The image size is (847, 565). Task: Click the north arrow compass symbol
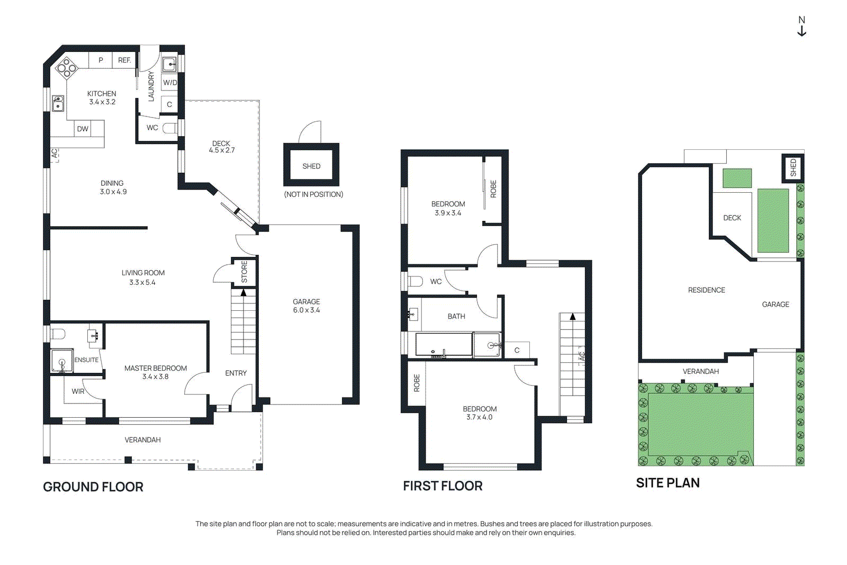801,26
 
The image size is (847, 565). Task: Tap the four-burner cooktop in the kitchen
67,68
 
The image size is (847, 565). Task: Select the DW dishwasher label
83,129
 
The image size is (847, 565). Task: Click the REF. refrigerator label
124,60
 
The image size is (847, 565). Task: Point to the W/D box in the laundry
170,83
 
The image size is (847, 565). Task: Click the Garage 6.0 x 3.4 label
307,306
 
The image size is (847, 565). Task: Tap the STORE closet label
244,272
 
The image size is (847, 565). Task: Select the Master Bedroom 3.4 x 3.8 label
156,372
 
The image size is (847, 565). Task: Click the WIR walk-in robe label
78,391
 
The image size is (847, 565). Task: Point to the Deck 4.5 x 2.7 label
222,147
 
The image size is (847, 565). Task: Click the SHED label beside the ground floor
311,166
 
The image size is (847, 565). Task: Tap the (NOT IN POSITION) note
313,194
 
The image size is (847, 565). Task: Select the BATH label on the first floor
456,317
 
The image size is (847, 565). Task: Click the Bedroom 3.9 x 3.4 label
448,209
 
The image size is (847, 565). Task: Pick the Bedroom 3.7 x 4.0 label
480,413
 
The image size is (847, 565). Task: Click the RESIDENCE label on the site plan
706,290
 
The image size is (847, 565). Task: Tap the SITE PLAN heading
668,483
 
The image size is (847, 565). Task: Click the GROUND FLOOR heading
93,487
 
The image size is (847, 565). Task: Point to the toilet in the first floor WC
415,281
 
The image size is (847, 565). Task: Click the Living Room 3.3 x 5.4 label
142,277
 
